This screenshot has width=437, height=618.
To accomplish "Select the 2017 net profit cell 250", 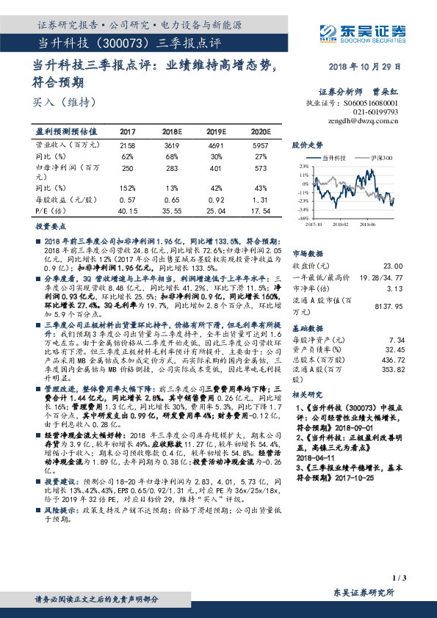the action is coord(127,169).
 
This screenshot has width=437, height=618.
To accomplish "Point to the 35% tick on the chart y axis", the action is coord(303,167).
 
